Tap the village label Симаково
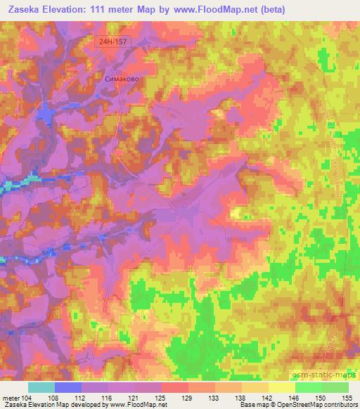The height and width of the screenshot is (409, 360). click(x=121, y=79)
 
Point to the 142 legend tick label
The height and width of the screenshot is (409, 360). click(x=271, y=398)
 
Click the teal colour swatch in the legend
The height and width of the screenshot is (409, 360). click(x=41, y=387)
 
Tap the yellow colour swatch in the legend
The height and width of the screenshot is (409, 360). click(x=281, y=387)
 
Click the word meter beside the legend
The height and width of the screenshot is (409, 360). click(x=11, y=398)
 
